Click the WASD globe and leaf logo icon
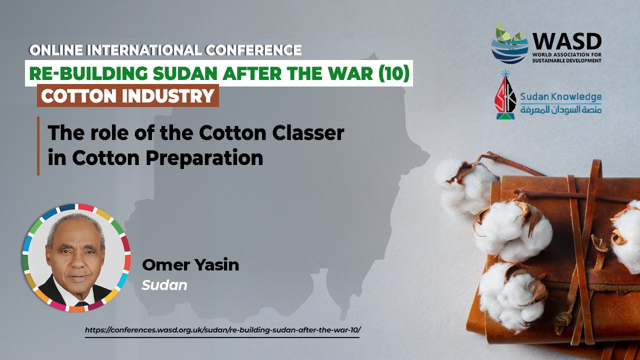click(509, 43)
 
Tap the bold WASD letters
click(567, 41)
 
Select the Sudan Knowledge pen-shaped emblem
click(505, 95)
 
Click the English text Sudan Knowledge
click(561, 97)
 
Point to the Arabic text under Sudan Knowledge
click(561, 109)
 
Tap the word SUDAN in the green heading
click(185, 73)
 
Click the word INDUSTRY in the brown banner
click(168, 95)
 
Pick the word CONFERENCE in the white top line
click(253, 50)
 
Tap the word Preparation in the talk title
click(204, 158)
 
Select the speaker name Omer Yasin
click(190, 264)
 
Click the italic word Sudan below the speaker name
click(164, 285)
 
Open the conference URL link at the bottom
click(223, 330)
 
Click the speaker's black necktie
click(81, 303)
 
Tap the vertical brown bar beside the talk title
click(38, 145)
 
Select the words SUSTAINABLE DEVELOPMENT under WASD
click(567, 60)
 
